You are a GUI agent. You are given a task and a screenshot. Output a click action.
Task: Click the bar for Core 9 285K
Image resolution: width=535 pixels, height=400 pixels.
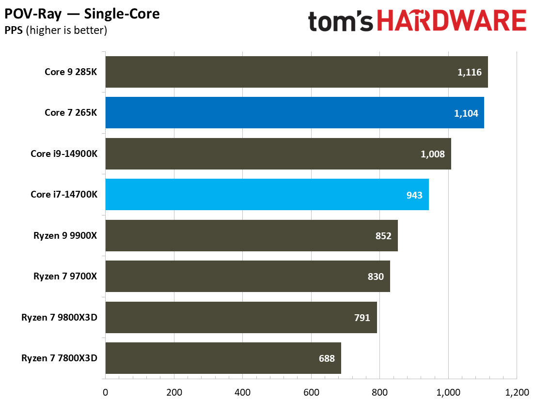point(296,72)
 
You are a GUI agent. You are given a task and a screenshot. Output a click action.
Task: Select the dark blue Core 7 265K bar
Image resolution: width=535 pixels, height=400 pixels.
point(294,113)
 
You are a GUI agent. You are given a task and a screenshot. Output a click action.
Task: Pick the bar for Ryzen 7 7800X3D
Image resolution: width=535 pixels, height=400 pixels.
point(223,358)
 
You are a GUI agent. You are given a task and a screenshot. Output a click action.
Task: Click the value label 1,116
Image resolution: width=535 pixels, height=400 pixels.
point(469,72)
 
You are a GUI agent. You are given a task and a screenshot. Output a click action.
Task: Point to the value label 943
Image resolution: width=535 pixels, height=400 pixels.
point(414,195)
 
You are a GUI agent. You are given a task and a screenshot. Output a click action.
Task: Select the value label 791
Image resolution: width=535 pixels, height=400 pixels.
point(362,318)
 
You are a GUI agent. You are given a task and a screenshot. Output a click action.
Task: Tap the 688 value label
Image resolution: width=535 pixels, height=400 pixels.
point(326,359)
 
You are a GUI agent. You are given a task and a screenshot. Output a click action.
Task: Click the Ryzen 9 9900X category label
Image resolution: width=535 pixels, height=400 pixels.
point(65,236)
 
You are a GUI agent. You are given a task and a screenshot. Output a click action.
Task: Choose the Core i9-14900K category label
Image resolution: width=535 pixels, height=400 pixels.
point(64,154)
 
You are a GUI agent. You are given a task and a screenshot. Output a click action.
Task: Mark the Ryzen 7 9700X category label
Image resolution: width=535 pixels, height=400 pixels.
point(65,277)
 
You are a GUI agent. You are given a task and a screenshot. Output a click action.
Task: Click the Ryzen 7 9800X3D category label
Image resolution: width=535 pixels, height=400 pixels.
point(59,318)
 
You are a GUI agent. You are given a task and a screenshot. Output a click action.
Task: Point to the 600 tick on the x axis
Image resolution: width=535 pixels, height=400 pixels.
point(311,391)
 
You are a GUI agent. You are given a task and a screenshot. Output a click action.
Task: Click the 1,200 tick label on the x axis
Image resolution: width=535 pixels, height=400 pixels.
point(516,391)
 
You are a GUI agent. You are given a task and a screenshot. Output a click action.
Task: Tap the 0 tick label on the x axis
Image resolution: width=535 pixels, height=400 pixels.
point(105,391)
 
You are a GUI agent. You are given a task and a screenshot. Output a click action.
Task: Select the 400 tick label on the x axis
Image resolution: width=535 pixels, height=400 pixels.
point(242,391)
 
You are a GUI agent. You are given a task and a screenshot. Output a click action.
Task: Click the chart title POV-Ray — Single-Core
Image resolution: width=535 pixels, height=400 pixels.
point(82,14)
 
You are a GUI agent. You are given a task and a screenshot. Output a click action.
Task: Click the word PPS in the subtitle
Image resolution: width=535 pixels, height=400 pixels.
point(14,31)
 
